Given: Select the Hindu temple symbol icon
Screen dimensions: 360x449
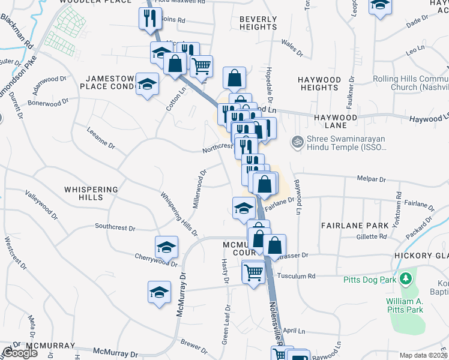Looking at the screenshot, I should tap(297, 142).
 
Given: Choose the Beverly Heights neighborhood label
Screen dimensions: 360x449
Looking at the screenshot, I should tap(258, 23).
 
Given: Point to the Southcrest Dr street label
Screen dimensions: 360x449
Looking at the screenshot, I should tap(115, 227).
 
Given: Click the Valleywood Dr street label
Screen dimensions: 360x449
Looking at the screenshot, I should tap(41, 204).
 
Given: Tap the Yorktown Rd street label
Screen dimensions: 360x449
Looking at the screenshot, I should tap(399, 205).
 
